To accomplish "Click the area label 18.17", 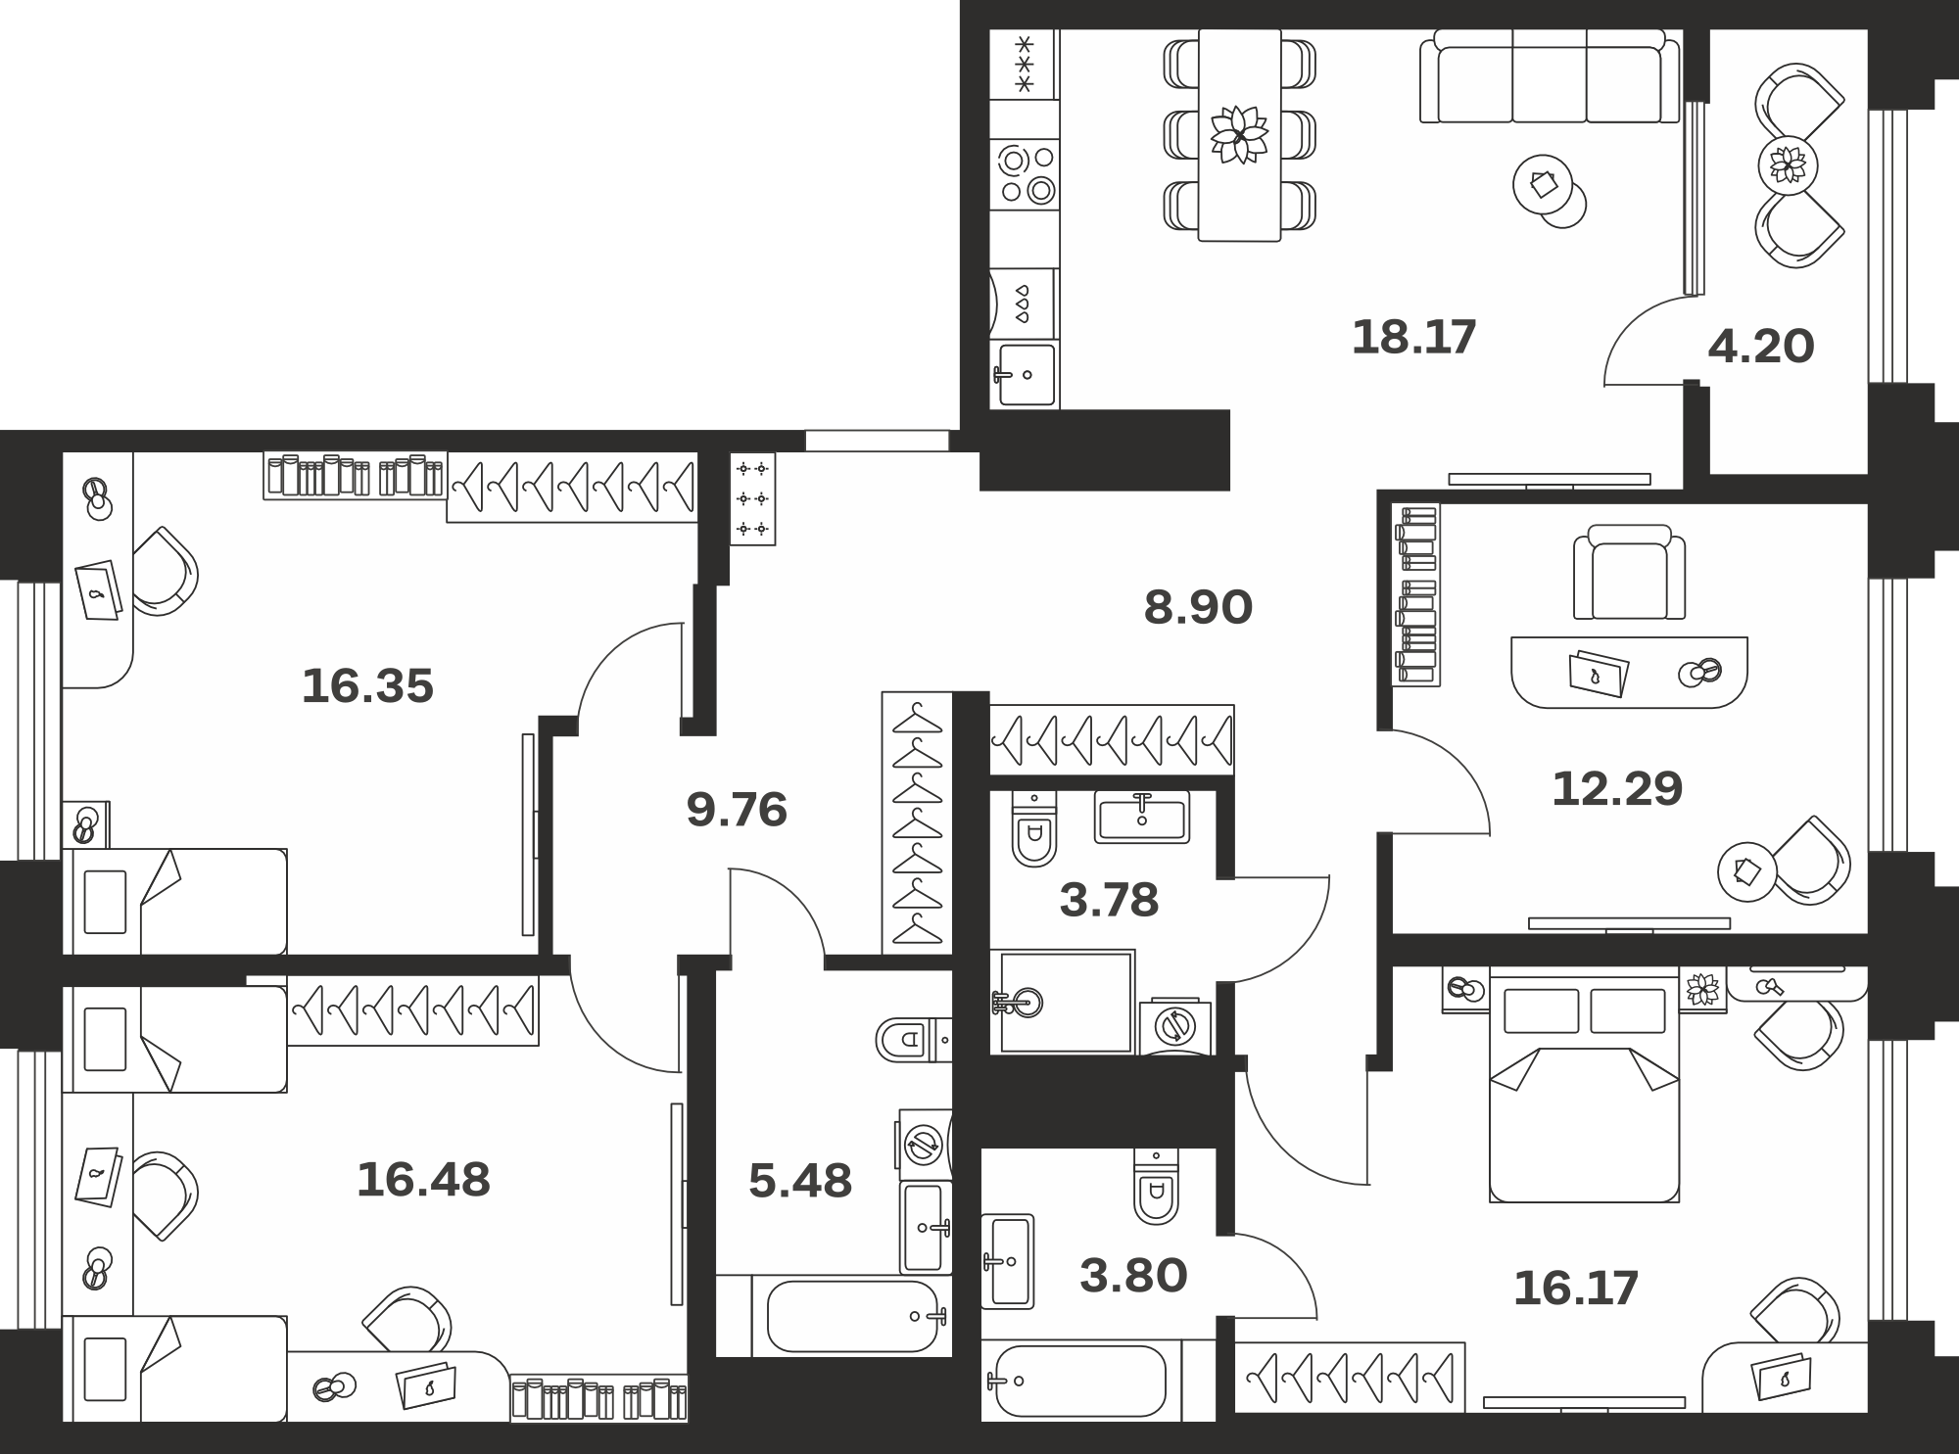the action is coord(1413,338).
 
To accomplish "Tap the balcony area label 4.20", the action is coord(1761,347).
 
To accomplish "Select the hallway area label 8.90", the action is coord(1198,608).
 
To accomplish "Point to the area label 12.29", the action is coord(1617,788).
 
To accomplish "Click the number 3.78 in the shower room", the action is coord(1109,900).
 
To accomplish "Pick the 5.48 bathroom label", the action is coord(800,1182).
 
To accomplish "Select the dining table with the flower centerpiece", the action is coord(1239,134).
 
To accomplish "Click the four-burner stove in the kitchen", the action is coord(1025,174).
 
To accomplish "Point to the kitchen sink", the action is coord(1025,374).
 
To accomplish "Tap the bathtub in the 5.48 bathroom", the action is coord(852,1316).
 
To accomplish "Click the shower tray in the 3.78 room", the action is coord(1063,1002).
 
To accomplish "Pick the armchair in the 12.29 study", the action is coord(1630,572).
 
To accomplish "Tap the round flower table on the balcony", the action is coord(1788,165).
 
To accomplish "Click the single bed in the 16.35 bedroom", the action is coord(174,902).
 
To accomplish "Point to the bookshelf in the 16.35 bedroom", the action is coord(356,476).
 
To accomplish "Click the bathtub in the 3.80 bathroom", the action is coord(1081,1381).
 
